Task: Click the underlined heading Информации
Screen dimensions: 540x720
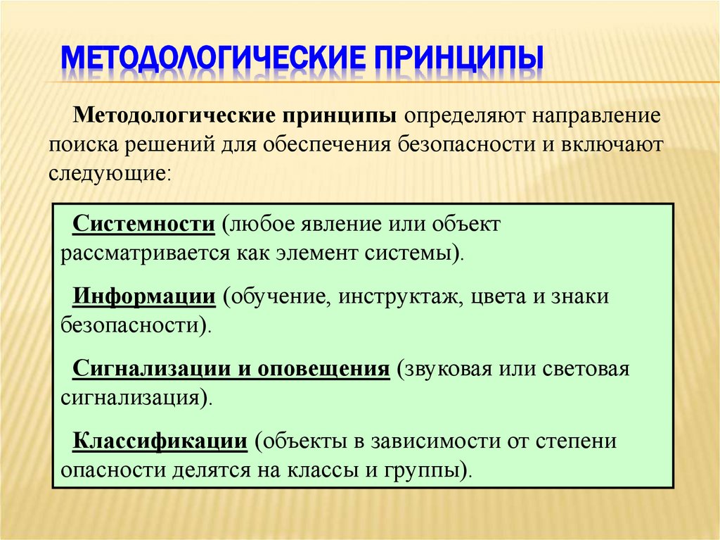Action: [144, 296]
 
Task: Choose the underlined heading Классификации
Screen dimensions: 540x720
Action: [160, 441]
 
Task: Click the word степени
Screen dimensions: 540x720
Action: [581, 441]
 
